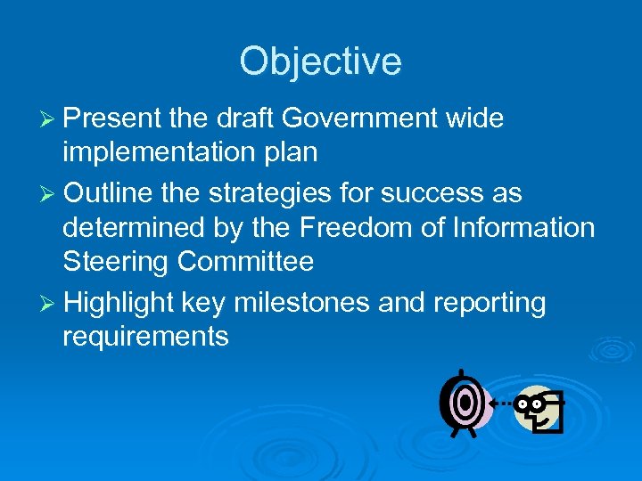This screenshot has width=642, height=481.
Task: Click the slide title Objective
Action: tap(320, 62)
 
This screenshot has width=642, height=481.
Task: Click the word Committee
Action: tap(245, 262)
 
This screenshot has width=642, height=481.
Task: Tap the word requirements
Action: tap(145, 337)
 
